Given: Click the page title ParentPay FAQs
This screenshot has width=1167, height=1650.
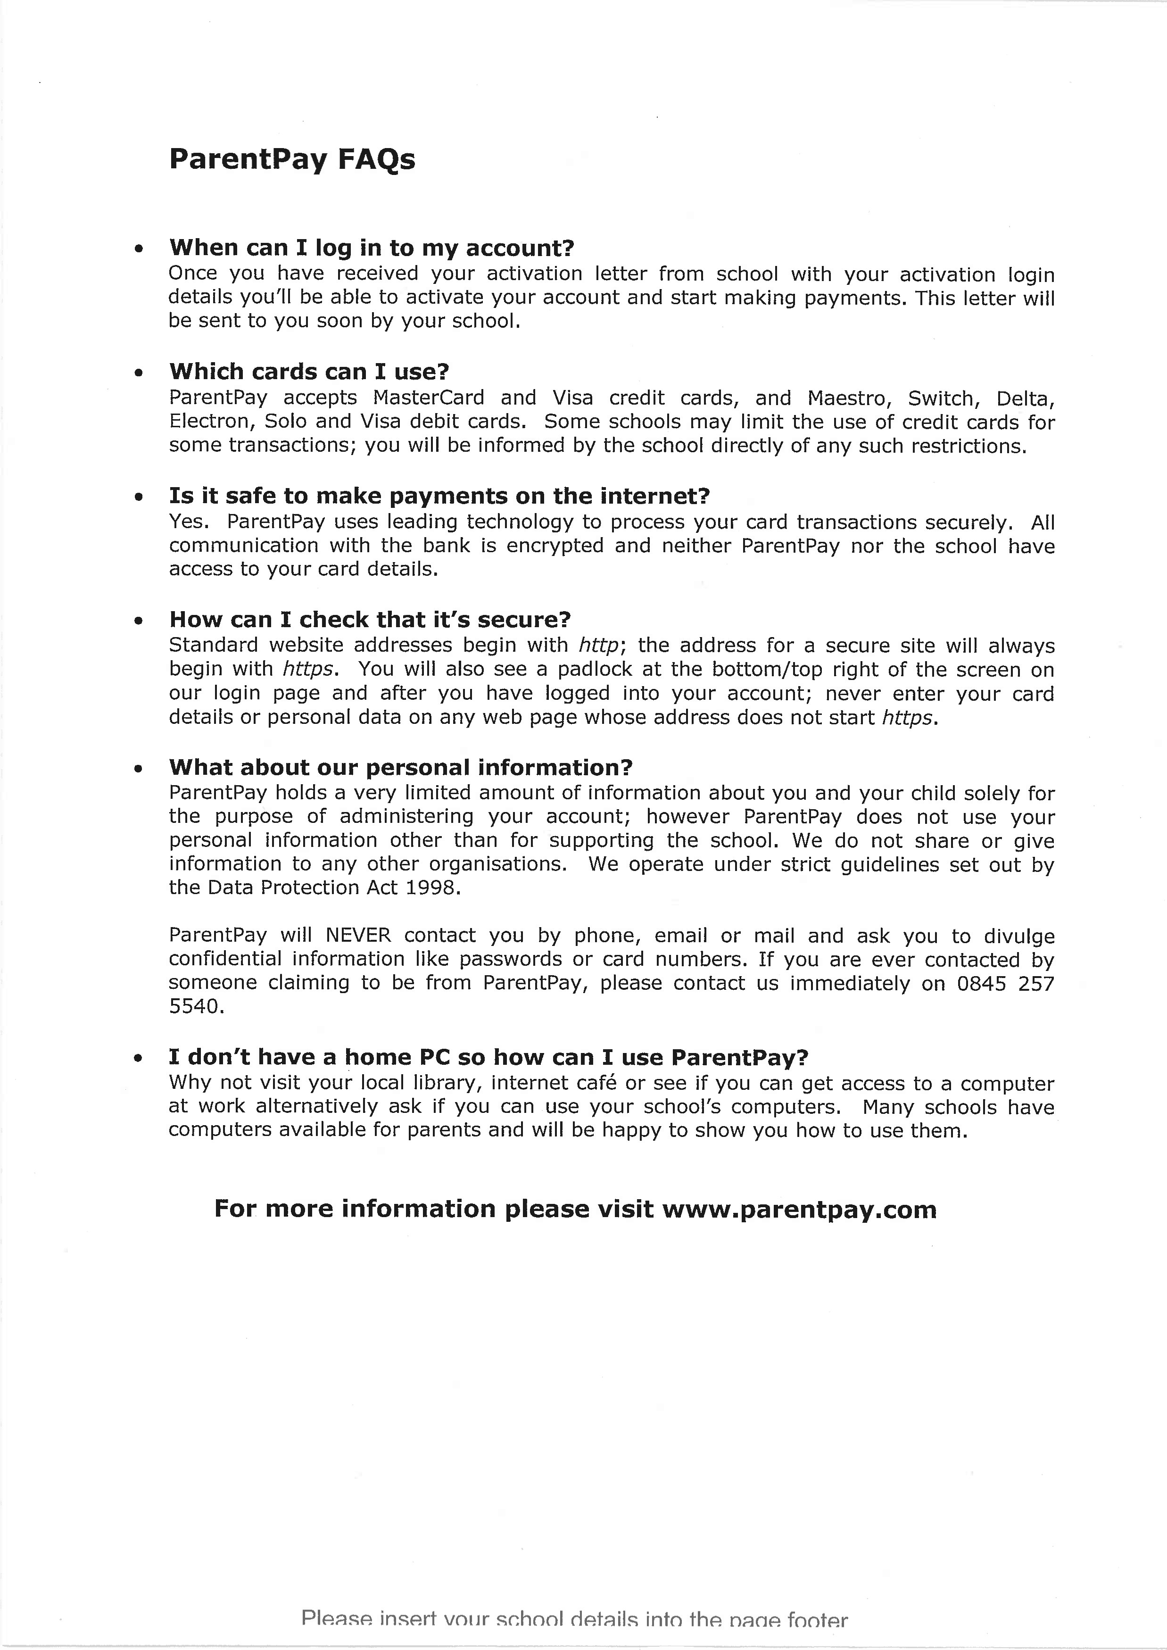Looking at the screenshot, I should [x=292, y=159].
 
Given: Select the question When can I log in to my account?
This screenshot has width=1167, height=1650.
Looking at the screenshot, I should [x=372, y=248].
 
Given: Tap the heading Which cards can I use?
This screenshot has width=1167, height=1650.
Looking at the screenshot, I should [x=309, y=372].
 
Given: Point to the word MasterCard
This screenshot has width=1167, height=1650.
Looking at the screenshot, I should [x=428, y=398].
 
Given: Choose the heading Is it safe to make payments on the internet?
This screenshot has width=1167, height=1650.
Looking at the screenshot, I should [x=439, y=496].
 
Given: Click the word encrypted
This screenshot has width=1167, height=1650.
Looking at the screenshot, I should [x=555, y=546].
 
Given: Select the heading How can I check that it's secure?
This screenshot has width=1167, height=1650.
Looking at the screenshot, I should [x=369, y=620].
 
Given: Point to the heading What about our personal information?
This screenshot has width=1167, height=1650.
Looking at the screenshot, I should [x=400, y=768].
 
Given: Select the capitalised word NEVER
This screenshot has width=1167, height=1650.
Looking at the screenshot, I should [x=358, y=935].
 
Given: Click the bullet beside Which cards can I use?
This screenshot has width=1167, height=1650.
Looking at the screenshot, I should [x=139, y=373].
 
